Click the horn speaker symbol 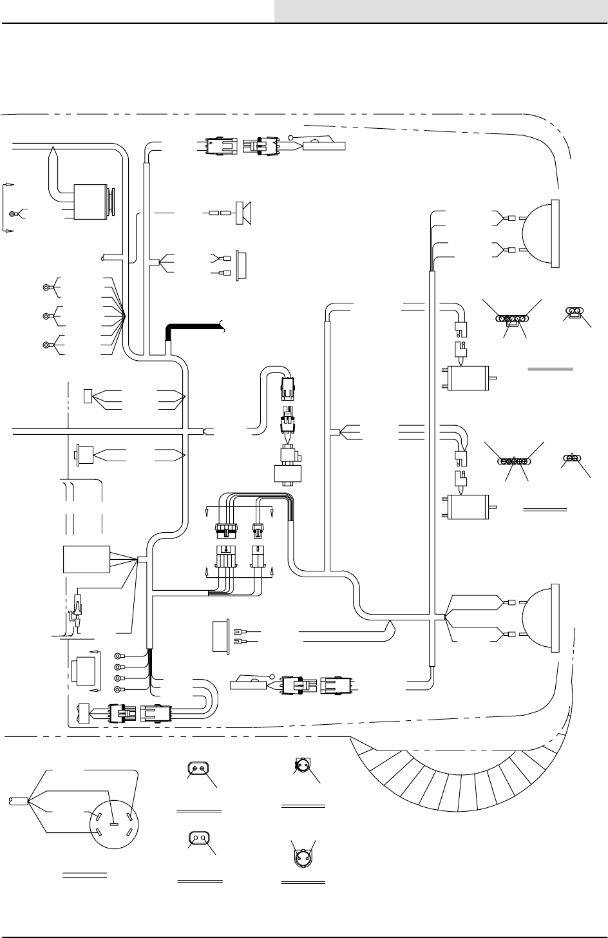coord(243,212)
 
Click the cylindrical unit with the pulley coord(93,202)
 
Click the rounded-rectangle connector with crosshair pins coord(198,769)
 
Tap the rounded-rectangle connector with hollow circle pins coord(198,838)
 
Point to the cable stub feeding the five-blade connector coord(16,801)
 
